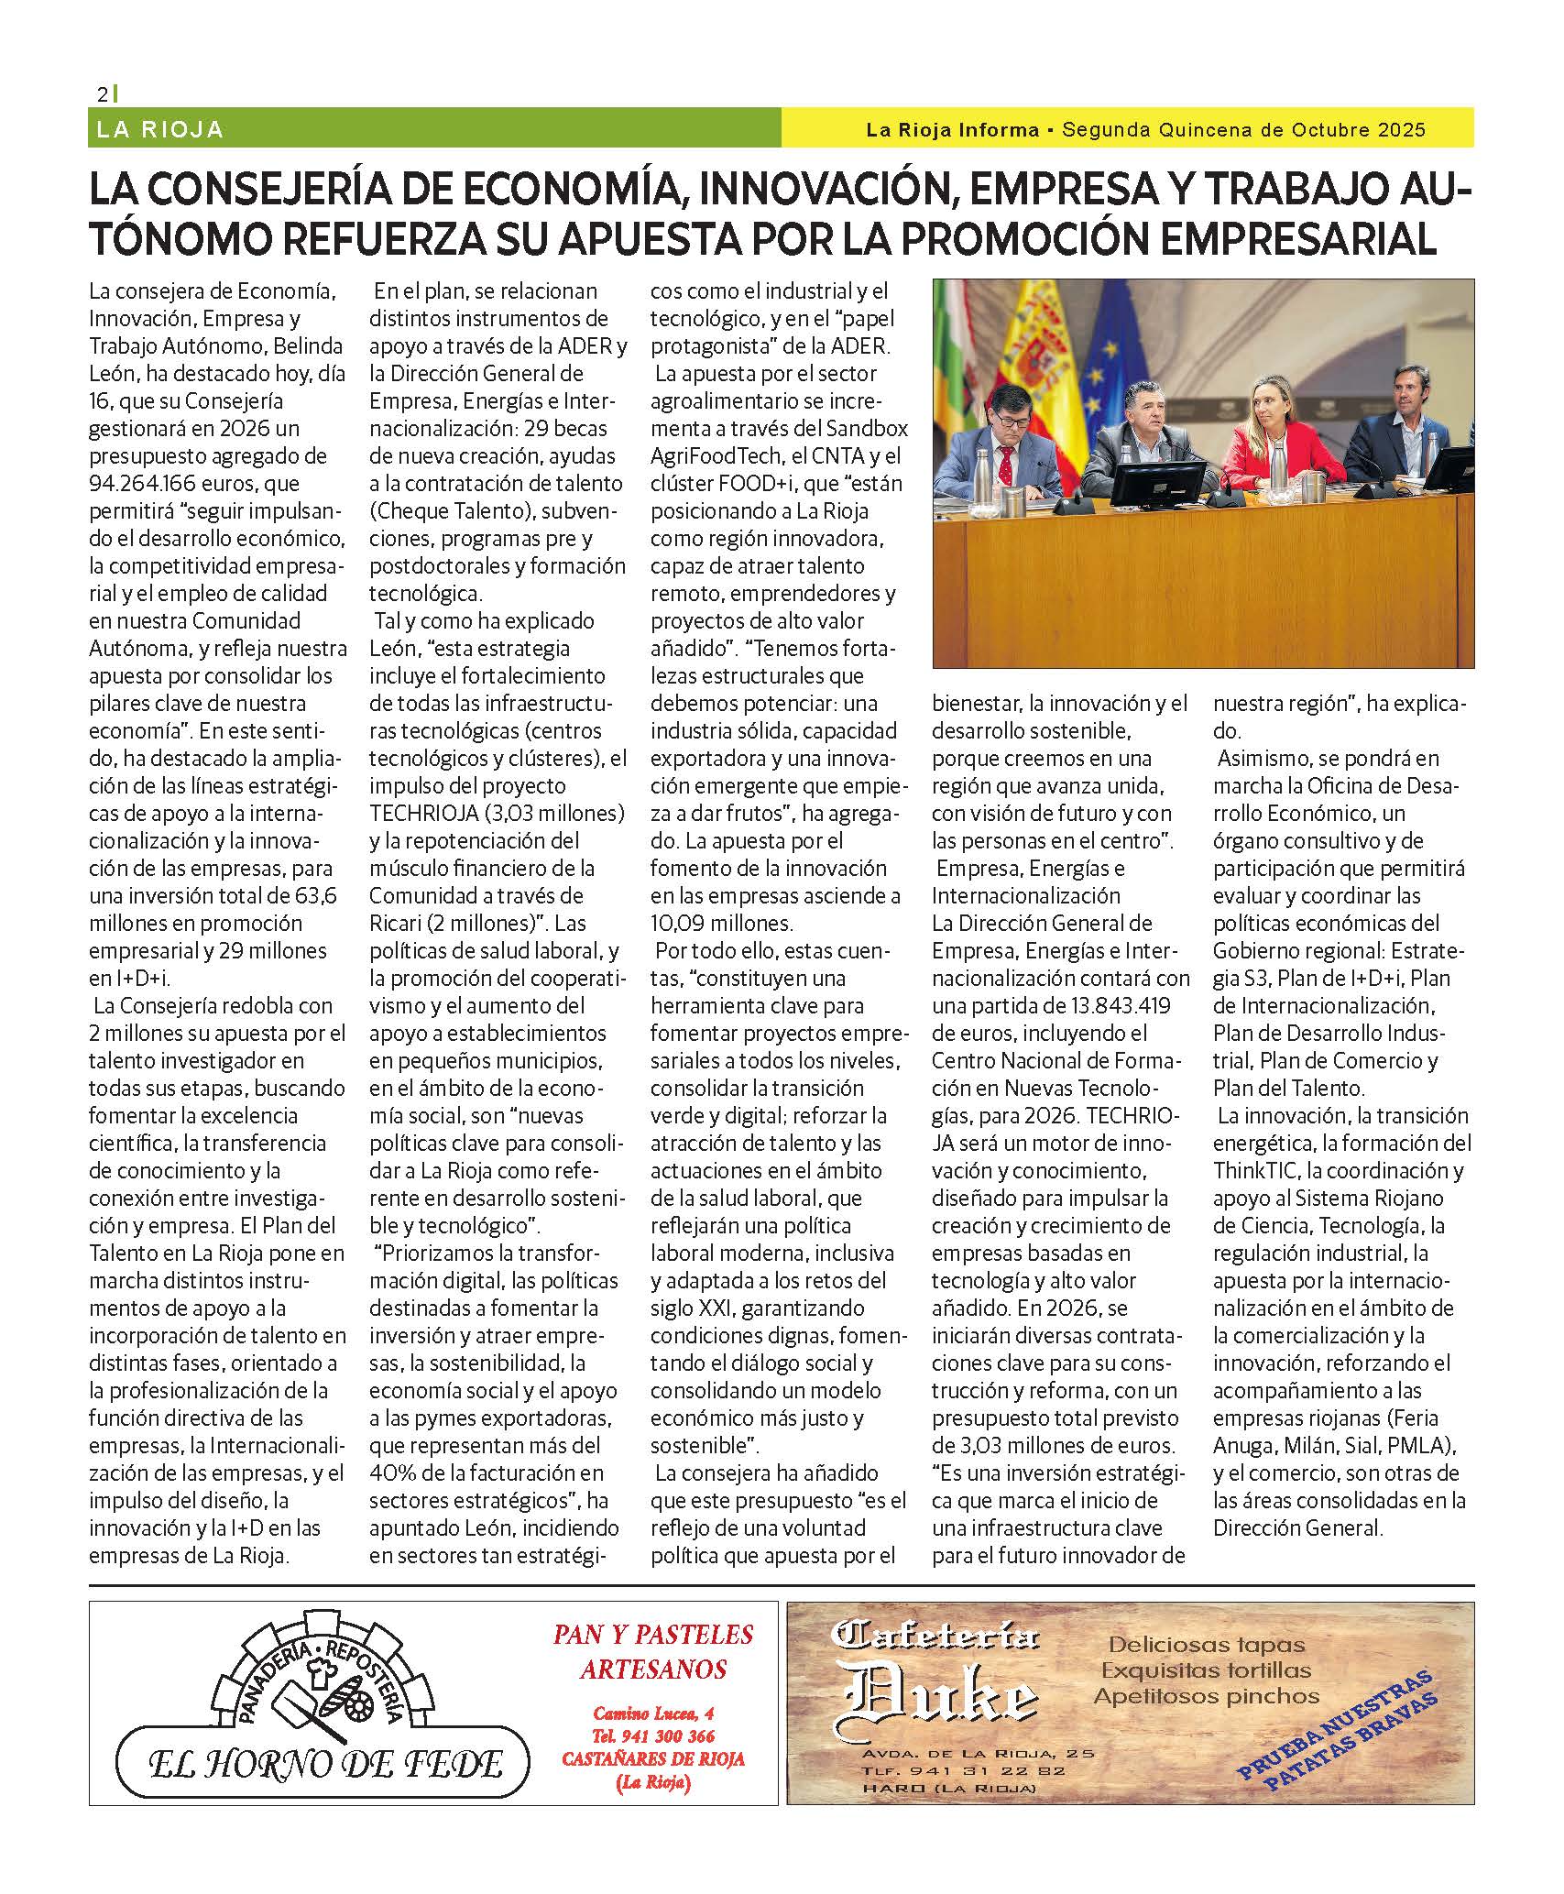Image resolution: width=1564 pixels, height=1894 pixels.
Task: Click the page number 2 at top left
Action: (x=103, y=94)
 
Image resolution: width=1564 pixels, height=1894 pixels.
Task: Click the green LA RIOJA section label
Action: (x=159, y=129)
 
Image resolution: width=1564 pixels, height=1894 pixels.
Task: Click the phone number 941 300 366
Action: (x=653, y=1735)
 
